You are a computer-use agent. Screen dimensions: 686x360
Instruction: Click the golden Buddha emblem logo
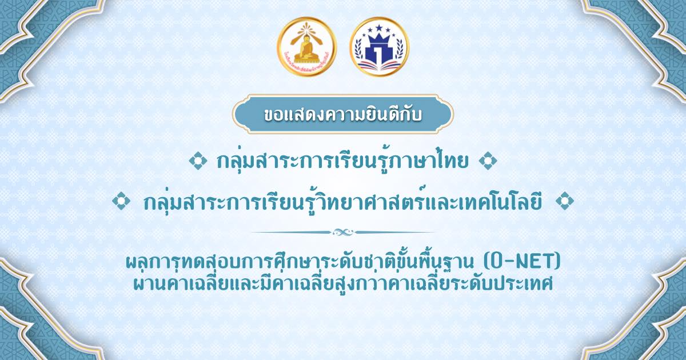click(306, 46)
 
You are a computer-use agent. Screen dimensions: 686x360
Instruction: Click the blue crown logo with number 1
click(380, 46)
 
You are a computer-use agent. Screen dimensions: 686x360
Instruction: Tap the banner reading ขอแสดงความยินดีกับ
click(342, 114)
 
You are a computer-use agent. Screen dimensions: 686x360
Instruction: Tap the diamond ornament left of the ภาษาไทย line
click(198, 161)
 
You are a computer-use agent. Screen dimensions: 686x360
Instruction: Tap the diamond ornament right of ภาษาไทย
click(488, 161)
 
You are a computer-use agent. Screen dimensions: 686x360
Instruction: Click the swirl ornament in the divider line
click(343, 233)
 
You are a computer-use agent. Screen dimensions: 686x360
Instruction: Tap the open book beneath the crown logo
click(380, 65)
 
